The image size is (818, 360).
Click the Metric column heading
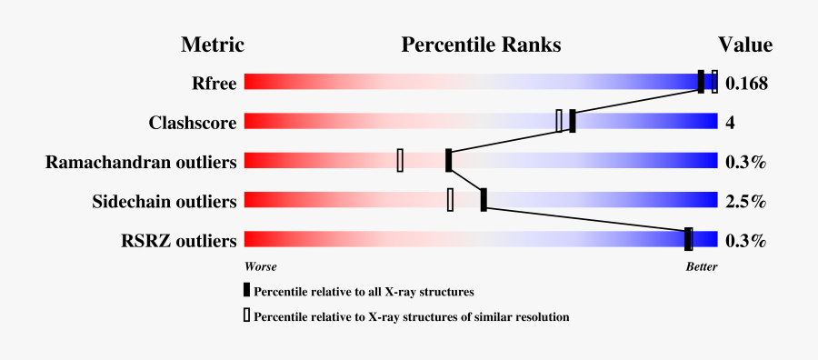pyautogui.click(x=213, y=45)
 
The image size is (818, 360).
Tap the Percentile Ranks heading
pyautogui.click(x=481, y=45)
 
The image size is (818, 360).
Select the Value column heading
pyautogui.click(x=745, y=45)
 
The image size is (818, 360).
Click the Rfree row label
pyautogui.click(x=214, y=84)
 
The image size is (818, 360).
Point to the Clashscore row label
pyautogui.click(x=193, y=123)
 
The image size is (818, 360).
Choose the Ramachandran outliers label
pyautogui.click(x=141, y=162)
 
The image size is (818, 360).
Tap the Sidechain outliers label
pyautogui.click(x=165, y=201)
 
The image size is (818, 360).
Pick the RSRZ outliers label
pyautogui.click(x=179, y=241)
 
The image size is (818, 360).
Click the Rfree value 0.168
pyautogui.click(x=747, y=84)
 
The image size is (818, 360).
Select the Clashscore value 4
pyautogui.click(x=730, y=123)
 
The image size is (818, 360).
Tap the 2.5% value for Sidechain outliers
pyautogui.click(x=745, y=201)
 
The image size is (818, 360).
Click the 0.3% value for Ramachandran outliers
pyautogui.click(x=745, y=162)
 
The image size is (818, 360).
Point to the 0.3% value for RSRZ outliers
pyautogui.click(x=745, y=241)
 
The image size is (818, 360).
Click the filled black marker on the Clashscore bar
pyautogui.click(x=573, y=121)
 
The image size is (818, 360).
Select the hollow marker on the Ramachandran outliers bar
pyautogui.click(x=400, y=160)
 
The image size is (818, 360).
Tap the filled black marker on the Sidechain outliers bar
pyautogui.click(x=484, y=199)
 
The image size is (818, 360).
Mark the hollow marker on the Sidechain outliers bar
pyautogui.click(x=450, y=199)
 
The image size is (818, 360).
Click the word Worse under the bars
pyautogui.click(x=261, y=267)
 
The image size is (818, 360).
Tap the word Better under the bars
pyautogui.click(x=701, y=267)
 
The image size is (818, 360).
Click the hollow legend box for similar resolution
pyautogui.click(x=246, y=316)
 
